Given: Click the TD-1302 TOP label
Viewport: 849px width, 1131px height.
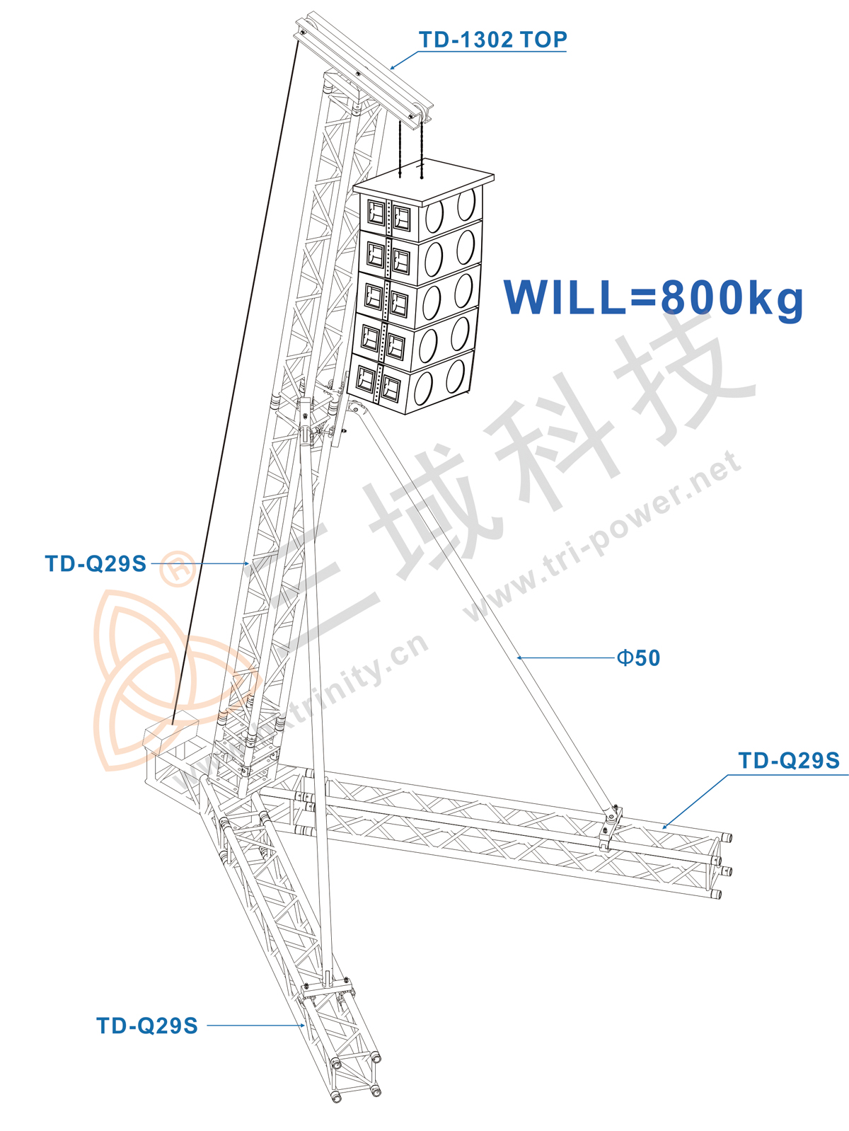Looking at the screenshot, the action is coord(492,40).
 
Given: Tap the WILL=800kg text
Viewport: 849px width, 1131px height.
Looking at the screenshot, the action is coord(654,298).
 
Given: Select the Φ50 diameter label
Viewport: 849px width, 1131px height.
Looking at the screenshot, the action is coord(638,658).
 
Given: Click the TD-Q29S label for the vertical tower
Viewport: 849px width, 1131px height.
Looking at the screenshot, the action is coord(96,563).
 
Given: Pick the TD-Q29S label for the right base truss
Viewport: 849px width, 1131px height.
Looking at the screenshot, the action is coord(789,761).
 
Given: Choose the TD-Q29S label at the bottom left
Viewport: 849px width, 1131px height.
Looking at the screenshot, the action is coord(147,1026).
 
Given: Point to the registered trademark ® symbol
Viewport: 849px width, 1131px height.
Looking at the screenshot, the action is coord(178,568).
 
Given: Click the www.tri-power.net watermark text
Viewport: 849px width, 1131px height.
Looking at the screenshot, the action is coord(602,536).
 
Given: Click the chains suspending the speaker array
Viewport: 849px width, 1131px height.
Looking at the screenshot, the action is coord(411,149).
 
